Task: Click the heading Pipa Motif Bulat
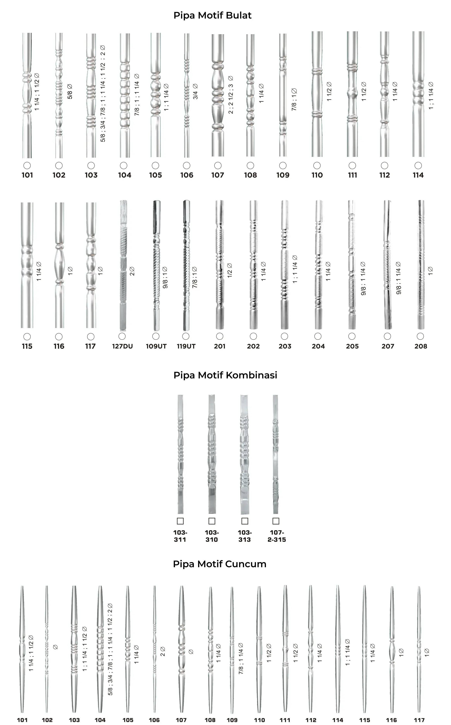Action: point(212,15)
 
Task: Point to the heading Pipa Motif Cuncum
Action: point(220,564)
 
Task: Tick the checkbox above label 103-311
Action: point(180,521)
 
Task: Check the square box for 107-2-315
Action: point(276,521)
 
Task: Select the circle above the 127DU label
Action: point(122,336)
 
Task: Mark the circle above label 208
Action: point(420,336)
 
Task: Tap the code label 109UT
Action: point(156,346)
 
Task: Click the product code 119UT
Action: point(186,346)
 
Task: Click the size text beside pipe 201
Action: point(229,270)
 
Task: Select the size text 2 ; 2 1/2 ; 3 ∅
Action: point(231,95)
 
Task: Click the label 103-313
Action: point(245,536)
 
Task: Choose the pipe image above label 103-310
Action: point(212,454)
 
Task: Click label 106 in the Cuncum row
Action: point(154,720)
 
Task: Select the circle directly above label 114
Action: point(418,166)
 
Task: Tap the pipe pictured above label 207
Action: point(387,265)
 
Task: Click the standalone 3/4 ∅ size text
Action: point(195,91)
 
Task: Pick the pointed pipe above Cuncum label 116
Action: point(392,649)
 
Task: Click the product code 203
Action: point(285,346)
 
